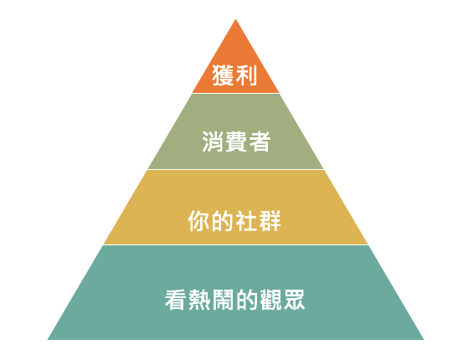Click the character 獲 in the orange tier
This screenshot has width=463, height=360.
click(223, 75)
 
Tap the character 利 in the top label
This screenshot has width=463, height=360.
click(246, 75)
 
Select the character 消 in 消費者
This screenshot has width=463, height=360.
click(213, 141)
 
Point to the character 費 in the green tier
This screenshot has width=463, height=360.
click(236, 141)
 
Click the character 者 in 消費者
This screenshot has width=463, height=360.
click(260, 141)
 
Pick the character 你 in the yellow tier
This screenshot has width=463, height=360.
click(199, 221)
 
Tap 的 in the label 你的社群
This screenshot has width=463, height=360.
click(223, 221)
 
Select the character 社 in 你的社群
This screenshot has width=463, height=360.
click(246, 221)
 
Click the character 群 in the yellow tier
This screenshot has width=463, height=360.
click(270, 221)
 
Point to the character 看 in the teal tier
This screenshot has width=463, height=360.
click(176, 300)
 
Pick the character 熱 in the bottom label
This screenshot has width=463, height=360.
click(199, 300)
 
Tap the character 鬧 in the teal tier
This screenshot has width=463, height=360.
click(223, 300)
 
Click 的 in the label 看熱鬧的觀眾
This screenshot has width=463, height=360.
click(246, 300)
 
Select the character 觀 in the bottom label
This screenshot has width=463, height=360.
click(270, 300)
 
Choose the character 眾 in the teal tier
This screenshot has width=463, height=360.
click(293, 300)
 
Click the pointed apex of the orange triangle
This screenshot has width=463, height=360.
click(235, 19)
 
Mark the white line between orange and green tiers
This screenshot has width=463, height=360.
click(235, 93)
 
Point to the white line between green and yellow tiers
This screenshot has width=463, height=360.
click(235, 169)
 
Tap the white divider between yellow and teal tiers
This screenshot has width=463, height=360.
click(235, 244)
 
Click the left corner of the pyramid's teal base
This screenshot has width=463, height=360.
click(48, 339)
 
